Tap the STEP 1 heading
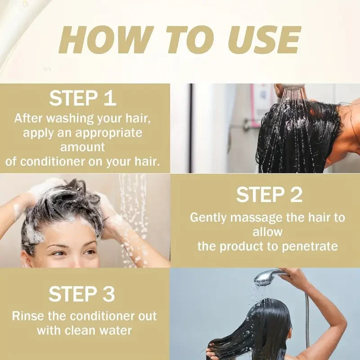tap(83, 98)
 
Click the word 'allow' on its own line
tap(267, 232)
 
